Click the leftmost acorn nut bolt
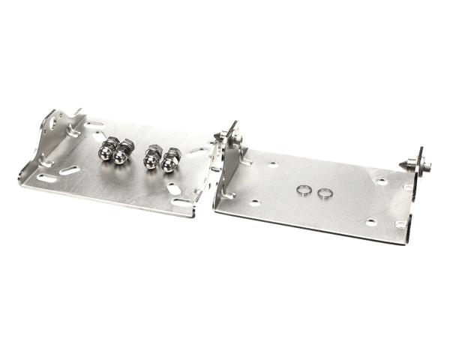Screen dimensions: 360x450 [x=106, y=150]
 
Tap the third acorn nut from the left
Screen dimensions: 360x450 [x=152, y=157]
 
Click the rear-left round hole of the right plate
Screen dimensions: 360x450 [x=272, y=163]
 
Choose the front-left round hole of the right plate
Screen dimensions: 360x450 [x=256, y=202]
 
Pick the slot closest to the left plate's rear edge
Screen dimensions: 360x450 [x=96, y=124]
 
